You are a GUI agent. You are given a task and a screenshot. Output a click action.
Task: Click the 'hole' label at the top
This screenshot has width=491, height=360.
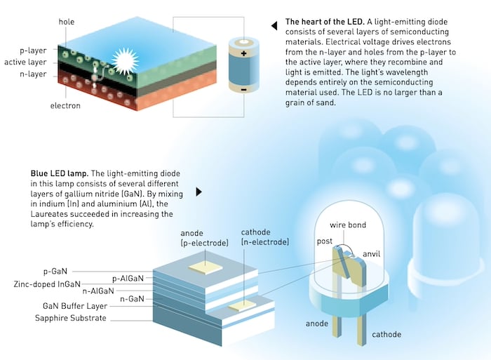(x=68, y=22)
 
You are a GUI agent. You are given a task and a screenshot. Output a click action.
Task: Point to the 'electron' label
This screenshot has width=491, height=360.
(x=65, y=106)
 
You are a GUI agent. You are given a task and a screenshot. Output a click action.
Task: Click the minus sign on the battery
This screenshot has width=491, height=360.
(x=243, y=90)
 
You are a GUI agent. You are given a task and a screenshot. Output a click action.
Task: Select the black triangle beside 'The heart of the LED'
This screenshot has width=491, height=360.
(x=274, y=27)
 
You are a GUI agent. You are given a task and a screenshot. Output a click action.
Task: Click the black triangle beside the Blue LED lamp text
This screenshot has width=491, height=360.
(x=199, y=191)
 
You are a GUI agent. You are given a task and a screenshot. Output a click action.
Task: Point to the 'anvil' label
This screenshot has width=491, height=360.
(x=373, y=253)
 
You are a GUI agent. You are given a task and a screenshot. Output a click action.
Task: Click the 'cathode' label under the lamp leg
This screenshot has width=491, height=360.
(x=387, y=335)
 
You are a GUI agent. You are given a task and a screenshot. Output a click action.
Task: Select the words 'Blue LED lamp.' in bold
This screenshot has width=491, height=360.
(x=59, y=173)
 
